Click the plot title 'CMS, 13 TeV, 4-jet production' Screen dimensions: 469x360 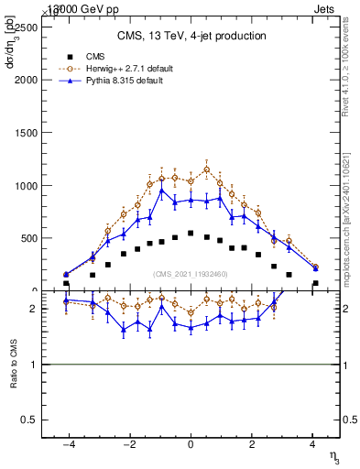(x=191, y=36)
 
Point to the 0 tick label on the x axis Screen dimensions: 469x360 (x=191, y=445)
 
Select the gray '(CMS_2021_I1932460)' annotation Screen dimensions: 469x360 (x=191, y=274)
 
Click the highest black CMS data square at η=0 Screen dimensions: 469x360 (x=191, y=233)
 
